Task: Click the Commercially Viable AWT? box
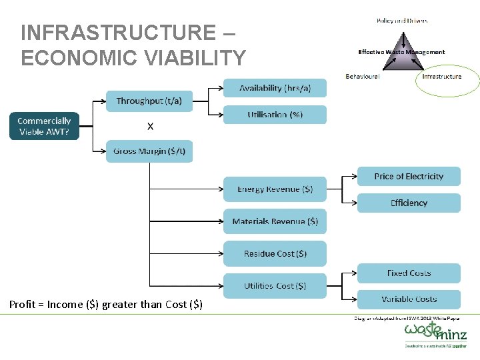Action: [x=44, y=126]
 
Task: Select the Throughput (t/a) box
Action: [x=149, y=101]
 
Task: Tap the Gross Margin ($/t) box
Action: [x=149, y=151]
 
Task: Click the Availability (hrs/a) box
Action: [x=275, y=88]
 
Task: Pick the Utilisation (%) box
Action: [x=275, y=115]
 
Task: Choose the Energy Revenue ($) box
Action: [x=275, y=189]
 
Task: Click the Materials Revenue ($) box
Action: [x=275, y=221]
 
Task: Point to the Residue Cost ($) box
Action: [x=275, y=253]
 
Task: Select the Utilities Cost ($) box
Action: [x=275, y=285]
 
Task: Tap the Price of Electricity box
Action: [x=409, y=177]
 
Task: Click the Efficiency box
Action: [x=409, y=203]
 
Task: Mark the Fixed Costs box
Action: [x=409, y=273]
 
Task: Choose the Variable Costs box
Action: [x=409, y=299]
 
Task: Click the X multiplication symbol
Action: [x=150, y=126]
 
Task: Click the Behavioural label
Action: [x=363, y=77]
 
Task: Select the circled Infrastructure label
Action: [x=441, y=77]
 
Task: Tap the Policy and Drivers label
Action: [x=402, y=21]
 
